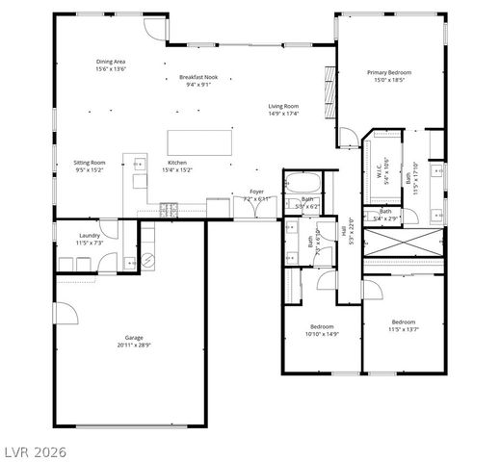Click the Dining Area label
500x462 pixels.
coord(111,65)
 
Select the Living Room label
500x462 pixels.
coord(283,110)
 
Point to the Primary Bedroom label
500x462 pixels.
coord(392,75)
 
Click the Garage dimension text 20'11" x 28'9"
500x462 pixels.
coord(133,341)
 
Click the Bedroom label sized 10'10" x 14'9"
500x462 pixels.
coord(322,330)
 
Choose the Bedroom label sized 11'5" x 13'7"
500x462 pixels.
coord(403,325)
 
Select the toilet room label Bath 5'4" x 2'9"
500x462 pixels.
coord(385,215)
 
